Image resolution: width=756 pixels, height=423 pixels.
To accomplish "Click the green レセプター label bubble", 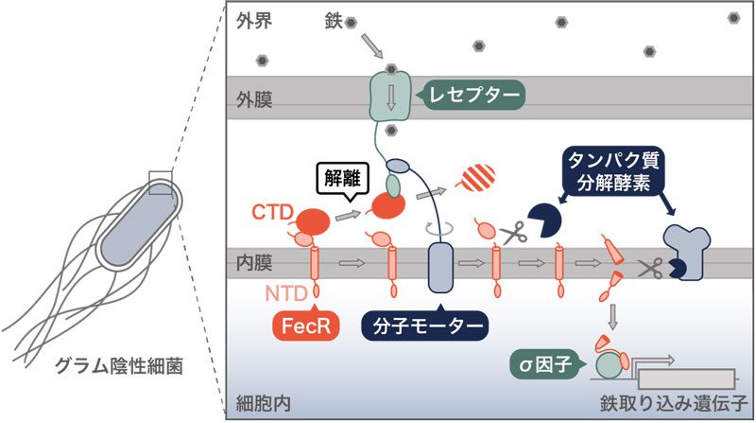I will click(470, 95).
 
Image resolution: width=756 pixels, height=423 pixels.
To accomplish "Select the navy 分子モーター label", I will click(423, 326).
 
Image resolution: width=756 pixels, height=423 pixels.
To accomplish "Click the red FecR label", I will click(309, 326).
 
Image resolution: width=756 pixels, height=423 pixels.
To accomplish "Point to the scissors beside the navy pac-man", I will click(513, 232).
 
